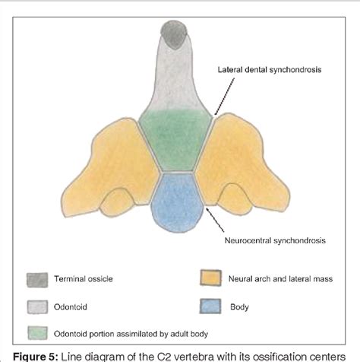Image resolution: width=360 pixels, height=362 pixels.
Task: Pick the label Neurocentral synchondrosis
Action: point(275,241)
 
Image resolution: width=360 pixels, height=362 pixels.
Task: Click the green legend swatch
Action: point(36,332)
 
